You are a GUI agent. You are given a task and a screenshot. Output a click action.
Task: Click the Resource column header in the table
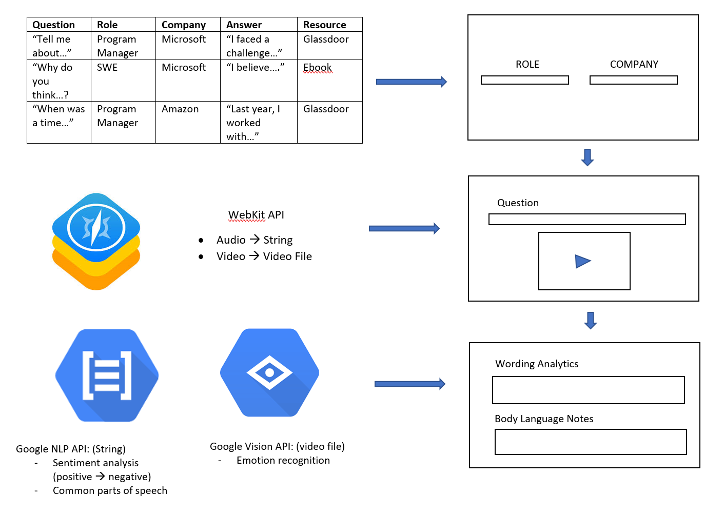point(324,25)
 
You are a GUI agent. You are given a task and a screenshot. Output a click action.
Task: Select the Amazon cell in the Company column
point(180,109)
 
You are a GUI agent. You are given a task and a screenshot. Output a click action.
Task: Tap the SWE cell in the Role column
point(107,67)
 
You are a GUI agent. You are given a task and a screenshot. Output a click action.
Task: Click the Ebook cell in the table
point(318,67)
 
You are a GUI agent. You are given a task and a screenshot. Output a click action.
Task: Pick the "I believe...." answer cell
point(255,67)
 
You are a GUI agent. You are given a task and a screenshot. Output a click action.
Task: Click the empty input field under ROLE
point(524,80)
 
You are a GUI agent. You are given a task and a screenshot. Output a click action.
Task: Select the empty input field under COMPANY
point(633,80)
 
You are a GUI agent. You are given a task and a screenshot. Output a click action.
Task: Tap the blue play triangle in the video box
point(582,262)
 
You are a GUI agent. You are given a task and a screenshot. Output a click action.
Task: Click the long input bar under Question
point(587,220)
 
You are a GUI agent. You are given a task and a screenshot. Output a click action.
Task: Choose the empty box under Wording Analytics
point(588,390)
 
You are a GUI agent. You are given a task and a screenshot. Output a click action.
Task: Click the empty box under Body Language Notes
point(590,442)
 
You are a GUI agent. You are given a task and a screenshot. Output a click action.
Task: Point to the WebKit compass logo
point(96,241)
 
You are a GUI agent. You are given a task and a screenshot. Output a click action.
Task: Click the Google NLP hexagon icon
point(107,375)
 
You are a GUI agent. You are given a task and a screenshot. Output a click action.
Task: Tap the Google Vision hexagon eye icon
point(269,372)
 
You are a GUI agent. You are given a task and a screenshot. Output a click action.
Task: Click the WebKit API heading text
point(256,215)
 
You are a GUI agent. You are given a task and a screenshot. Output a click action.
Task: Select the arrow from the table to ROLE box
point(411,82)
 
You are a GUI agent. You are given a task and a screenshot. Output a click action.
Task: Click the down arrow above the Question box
point(588,157)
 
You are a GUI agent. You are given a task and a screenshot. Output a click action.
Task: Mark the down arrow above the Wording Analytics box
point(591,320)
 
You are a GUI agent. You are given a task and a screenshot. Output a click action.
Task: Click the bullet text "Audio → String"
point(254,240)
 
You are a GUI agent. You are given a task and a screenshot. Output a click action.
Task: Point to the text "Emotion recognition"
point(283,461)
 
